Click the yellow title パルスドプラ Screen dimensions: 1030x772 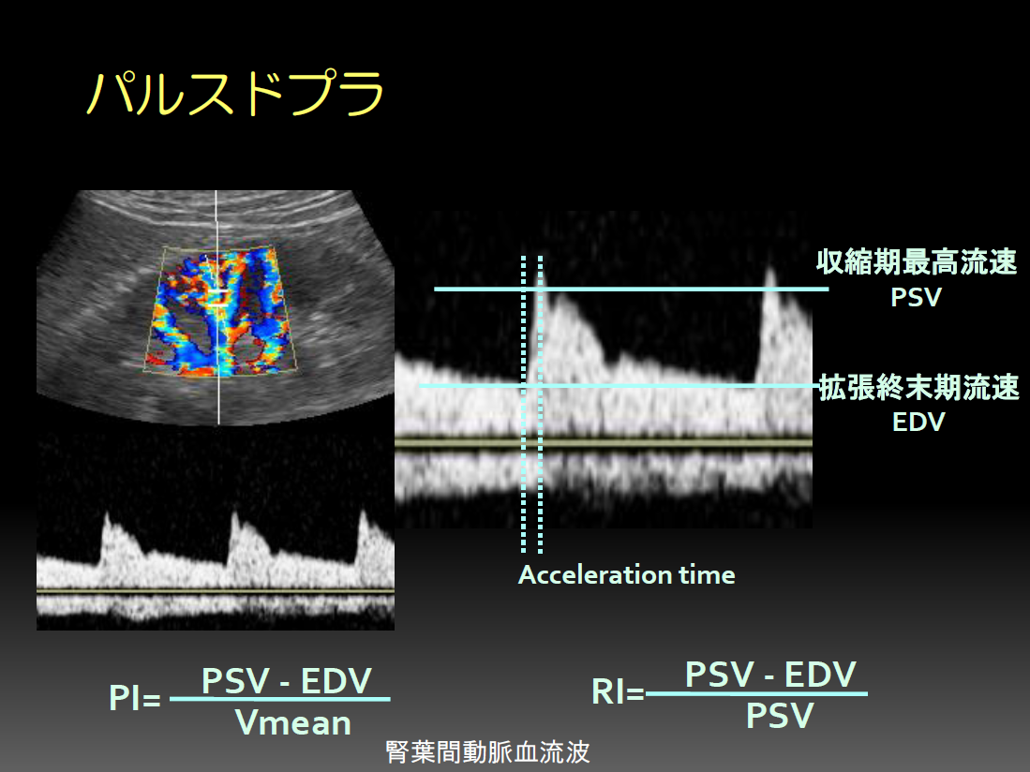pyautogui.click(x=235, y=93)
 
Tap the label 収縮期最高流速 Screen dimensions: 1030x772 pyautogui.click(x=917, y=262)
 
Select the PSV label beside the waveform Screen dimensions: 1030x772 pyautogui.click(x=916, y=297)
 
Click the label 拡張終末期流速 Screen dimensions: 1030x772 pyautogui.click(x=919, y=387)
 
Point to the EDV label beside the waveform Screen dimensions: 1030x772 pyautogui.click(x=918, y=422)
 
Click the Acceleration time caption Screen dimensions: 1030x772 pyautogui.click(x=627, y=575)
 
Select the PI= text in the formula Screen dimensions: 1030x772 pyautogui.click(x=135, y=697)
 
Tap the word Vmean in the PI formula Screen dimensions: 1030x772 pyautogui.click(x=293, y=722)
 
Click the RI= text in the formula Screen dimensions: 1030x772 pyautogui.click(x=618, y=691)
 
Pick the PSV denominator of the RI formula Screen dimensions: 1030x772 pyautogui.click(x=780, y=716)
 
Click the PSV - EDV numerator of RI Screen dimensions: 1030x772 pyautogui.click(x=770, y=675)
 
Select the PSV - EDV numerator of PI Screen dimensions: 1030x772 pyautogui.click(x=287, y=681)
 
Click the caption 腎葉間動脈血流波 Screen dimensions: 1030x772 pyautogui.click(x=487, y=752)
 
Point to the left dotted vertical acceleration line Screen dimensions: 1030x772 pyautogui.click(x=524, y=404)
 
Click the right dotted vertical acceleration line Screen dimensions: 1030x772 pyautogui.click(x=540, y=404)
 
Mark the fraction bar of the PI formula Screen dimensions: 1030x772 pyautogui.click(x=280, y=699)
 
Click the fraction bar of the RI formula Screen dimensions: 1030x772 pyautogui.click(x=756, y=693)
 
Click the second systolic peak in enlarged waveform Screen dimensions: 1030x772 pyautogui.click(x=769, y=273)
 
